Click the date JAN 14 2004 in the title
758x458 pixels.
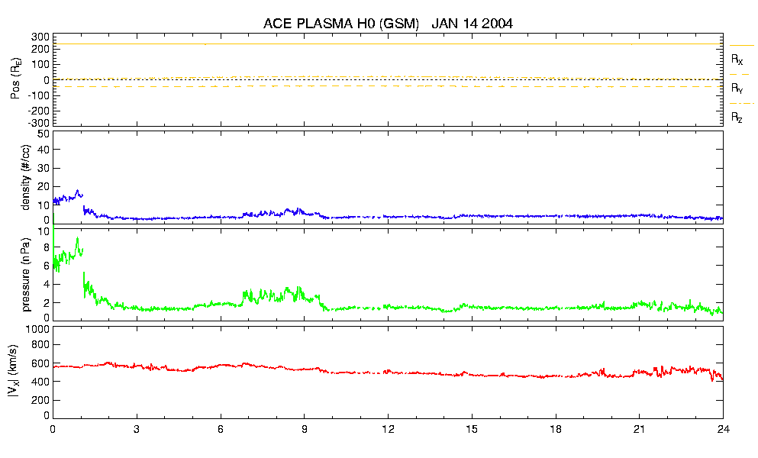coord(472,24)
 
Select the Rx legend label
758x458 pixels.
coord(737,59)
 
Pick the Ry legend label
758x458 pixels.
coord(737,89)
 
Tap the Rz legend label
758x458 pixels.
coord(737,118)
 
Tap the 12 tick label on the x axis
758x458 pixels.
coord(388,429)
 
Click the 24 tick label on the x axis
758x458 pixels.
coord(722,429)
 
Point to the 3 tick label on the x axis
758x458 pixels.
coord(137,429)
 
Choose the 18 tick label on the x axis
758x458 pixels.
coord(556,429)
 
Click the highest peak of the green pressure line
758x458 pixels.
coord(77,238)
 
